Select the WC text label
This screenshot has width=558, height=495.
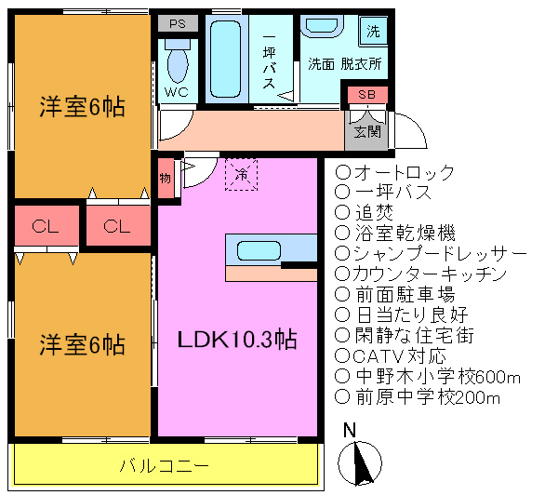[x=177, y=93]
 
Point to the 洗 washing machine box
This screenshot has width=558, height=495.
[x=373, y=32]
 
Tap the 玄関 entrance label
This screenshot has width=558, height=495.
[x=367, y=131]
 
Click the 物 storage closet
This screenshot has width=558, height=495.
[x=165, y=173]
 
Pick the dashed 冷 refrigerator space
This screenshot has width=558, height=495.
[x=242, y=173]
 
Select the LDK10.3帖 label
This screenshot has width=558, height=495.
[x=237, y=341]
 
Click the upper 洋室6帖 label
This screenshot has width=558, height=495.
[x=82, y=107]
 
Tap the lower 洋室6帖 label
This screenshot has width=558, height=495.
[x=82, y=344]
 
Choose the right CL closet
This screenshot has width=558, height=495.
[x=117, y=226]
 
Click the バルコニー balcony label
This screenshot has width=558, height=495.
[x=164, y=464]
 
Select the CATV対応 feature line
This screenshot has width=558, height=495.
[x=398, y=356]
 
